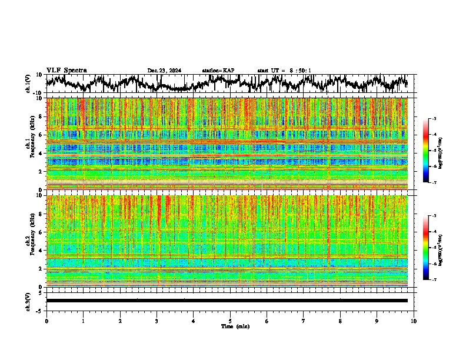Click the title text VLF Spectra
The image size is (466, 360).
point(66,70)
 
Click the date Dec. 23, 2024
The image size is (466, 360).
point(164,71)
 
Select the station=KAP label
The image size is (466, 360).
point(218,71)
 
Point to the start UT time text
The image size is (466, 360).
point(284,71)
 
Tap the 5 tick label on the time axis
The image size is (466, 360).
point(230,321)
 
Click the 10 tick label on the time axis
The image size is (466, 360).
point(414,321)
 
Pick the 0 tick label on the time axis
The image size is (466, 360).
point(46,321)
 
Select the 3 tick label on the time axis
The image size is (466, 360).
point(157,321)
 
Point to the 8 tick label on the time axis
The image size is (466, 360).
point(340,321)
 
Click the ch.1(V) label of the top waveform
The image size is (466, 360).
point(28,84)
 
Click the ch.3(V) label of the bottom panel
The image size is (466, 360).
point(28,300)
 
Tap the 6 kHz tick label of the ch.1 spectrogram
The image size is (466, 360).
point(41,135)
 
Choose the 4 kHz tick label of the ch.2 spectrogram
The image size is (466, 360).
point(41,250)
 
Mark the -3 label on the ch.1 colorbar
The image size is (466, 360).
point(434,118)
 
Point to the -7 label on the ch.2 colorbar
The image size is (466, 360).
point(434,280)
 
